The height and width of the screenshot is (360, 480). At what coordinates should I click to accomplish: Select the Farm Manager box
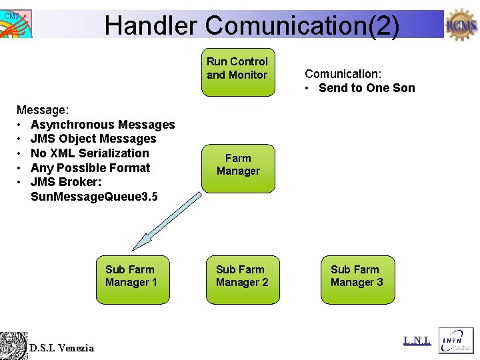pos(237,167)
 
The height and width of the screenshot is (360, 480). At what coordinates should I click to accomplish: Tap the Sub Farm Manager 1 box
pos(131,279)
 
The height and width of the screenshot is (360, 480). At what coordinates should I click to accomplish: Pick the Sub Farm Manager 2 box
pos(242,279)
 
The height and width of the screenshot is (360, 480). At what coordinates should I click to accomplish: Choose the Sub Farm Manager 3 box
pos(357,279)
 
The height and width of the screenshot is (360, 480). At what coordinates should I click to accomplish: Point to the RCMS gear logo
pos(461,25)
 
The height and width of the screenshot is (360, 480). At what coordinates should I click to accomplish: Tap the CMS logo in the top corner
pos(15,23)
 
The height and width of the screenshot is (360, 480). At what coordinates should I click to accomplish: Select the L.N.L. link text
pos(417,341)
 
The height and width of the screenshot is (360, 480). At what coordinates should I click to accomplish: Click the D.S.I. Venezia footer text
pos(61,347)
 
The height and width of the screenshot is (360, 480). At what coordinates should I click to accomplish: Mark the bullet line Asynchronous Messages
pos(103,125)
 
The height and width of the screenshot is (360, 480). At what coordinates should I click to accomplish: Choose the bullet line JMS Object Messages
pos(93,139)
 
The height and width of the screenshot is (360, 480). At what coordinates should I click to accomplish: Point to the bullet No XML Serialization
pos(89,153)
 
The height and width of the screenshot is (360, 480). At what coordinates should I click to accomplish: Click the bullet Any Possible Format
pos(90,168)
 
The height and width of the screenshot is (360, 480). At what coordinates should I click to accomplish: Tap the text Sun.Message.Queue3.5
pos(94,197)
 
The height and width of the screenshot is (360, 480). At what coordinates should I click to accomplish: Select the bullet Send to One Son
pos(366,88)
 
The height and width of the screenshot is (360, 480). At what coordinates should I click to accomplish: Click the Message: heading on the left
pos(40,110)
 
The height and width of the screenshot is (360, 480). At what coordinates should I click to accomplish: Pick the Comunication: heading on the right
pos(343,74)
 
